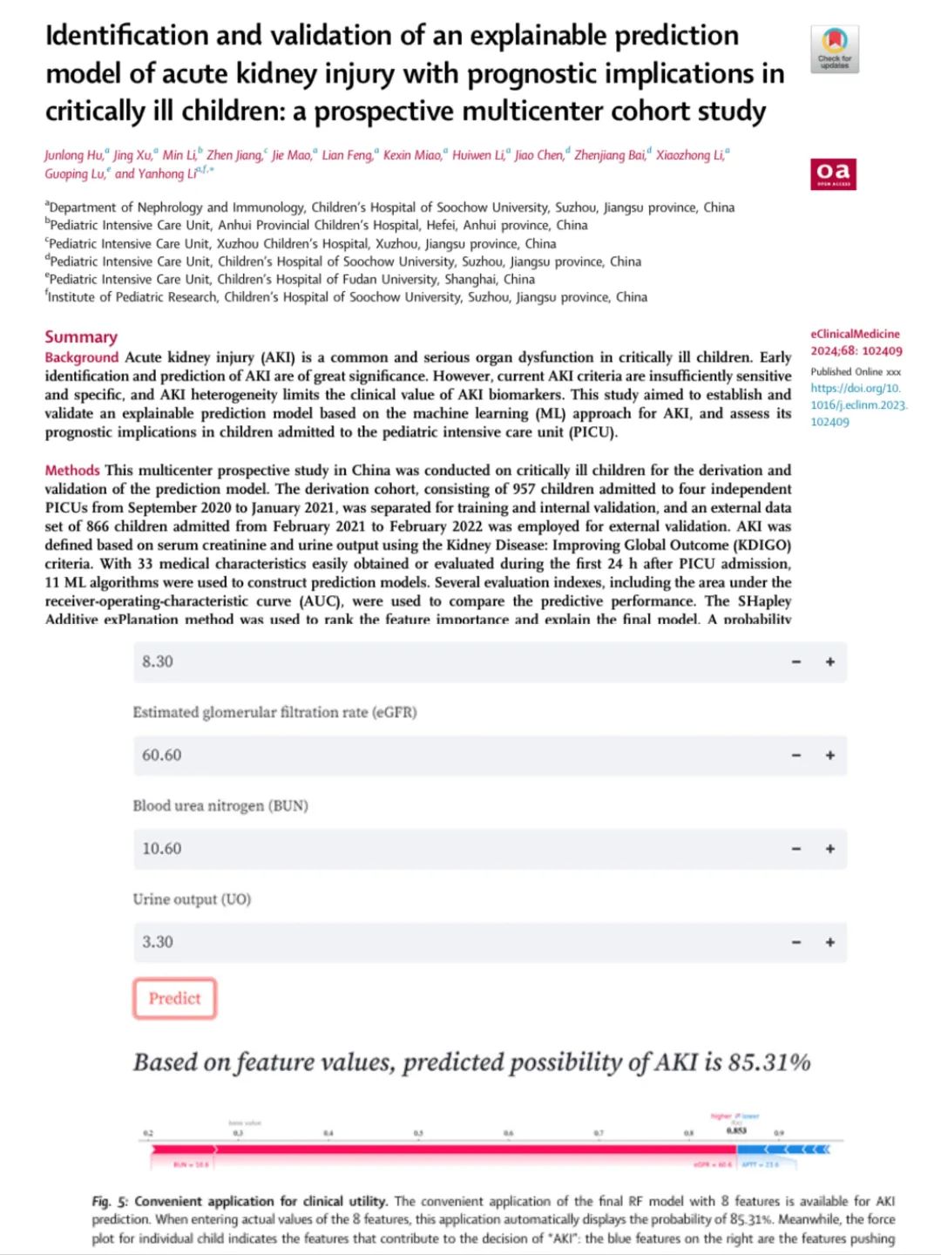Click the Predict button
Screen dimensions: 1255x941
pos(174,999)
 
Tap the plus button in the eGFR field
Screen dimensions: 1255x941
pos(830,756)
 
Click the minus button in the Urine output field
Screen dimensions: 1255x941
pos(796,942)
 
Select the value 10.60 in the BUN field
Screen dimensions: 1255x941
pos(162,849)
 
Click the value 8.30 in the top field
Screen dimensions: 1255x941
pos(158,662)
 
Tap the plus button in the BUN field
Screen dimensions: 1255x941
pos(830,849)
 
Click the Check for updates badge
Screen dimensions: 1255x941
pos(835,49)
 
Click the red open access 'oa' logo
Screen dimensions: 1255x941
pos(833,173)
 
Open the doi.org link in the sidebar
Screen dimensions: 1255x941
pos(858,404)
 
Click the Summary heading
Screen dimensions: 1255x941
pos(81,337)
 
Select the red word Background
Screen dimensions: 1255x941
pos(82,357)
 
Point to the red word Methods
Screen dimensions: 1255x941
pos(72,471)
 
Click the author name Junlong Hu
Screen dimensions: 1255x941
pos(74,155)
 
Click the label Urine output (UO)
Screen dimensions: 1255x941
pos(192,899)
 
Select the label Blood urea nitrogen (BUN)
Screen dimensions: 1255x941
pos(220,806)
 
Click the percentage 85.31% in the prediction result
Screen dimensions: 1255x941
pos(769,1062)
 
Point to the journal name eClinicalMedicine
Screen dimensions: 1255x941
pos(855,334)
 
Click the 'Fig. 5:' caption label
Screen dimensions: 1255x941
pos(110,1201)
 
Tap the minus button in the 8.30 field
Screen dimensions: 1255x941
pos(796,662)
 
